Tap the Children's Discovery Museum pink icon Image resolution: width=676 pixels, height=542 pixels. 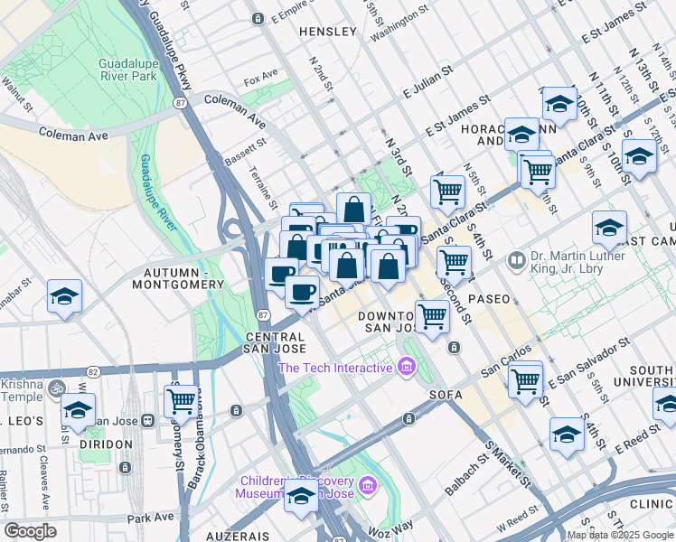click(x=367, y=487)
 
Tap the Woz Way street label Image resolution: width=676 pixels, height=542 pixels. click(x=390, y=526)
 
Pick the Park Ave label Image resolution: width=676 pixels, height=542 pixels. click(x=149, y=519)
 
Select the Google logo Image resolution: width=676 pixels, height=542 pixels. click(x=31, y=531)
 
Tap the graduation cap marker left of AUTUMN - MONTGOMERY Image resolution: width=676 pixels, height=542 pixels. click(x=64, y=298)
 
